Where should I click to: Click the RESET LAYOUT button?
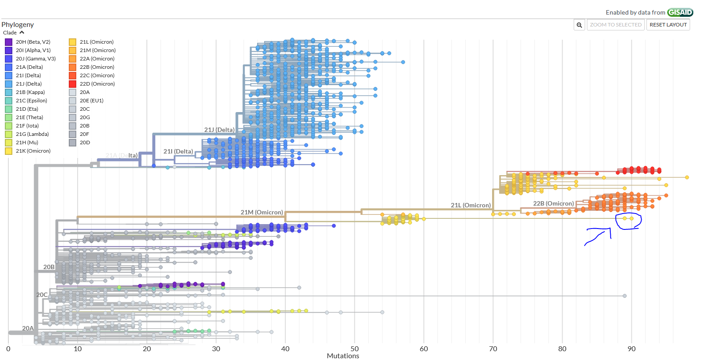pyautogui.click(x=668, y=25)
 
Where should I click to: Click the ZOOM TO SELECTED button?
pyautogui.click(x=616, y=25)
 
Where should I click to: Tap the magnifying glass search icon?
pyautogui.click(x=579, y=25)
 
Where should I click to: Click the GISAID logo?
pyautogui.click(x=680, y=12)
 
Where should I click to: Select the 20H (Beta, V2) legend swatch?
pyautogui.click(x=8, y=42)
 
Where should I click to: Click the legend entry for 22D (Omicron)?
pyautogui.click(x=97, y=84)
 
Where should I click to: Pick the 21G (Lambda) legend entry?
pyautogui.click(x=32, y=134)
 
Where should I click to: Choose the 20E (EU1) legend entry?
pyautogui.click(x=91, y=101)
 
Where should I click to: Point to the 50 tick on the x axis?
pyautogui.click(x=355, y=349)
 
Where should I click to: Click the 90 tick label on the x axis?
pyautogui.click(x=631, y=349)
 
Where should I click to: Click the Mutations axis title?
pyautogui.click(x=343, y=356)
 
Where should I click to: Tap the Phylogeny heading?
pyautogui.click(x=18, y=25)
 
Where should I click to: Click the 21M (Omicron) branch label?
pyautogui.click(x=261, y=212)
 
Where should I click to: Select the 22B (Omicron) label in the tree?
pyautogui.click(x=553, y=203)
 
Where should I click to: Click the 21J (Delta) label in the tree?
pyautogui.click(x=219, y=130)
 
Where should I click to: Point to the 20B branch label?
pyautogui.click(x=49, y=267)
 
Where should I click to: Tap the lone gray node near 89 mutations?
pyautogui.click(x=624, y=296)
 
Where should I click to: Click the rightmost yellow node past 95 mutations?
pyautogui.click(x=687, y=177)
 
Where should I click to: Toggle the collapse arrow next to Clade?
pyautogui.click(x=22, y=33)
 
